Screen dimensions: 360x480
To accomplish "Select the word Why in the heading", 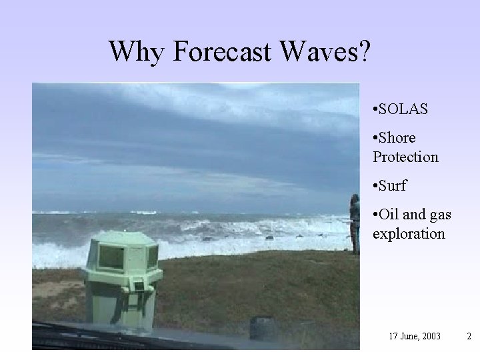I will pos(136,51).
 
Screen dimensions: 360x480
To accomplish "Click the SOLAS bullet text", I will pos(404,109).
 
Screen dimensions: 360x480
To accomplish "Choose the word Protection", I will pos(405,157).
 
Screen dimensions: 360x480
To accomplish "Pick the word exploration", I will pos(409,234).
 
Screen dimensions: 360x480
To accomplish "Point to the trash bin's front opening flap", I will pos(139,286).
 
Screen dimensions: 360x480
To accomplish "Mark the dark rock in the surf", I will pos(269,237).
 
